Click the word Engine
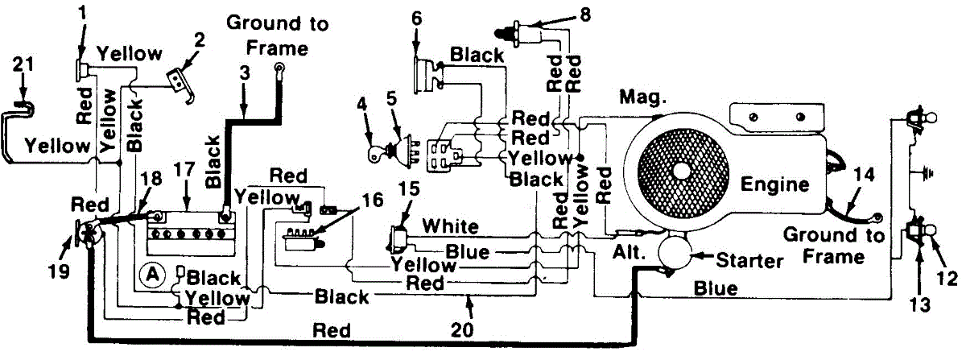tap(775, 184)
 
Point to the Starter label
tap(750, 261)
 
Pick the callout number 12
tap(947, 278)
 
